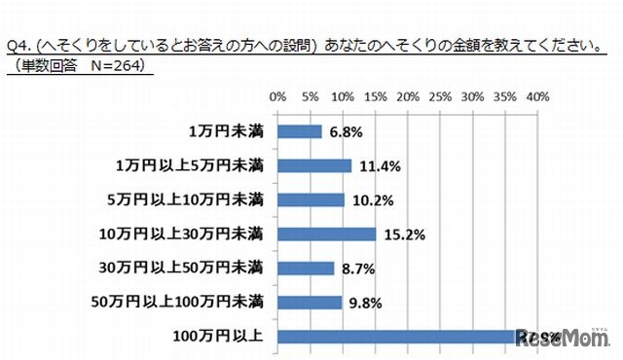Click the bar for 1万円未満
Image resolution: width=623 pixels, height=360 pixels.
pyautogui.click(x=300, y=131)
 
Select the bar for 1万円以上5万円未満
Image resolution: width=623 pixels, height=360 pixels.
pyautogui.click(x=314, y=165)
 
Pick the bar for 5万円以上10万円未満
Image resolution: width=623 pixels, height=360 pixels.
pyautogui.click(x=311, y=199)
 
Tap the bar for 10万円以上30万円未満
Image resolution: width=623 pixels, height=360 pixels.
pyautogui.click(x=327, y=234)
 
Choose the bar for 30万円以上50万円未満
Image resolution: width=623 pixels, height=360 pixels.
pyautogui.click(x=306, y=268)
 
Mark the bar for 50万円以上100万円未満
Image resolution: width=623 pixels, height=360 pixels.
pyautogui.click(x=310, y=303)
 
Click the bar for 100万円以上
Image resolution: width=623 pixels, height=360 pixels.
pyautogui.click(x=399, y=337)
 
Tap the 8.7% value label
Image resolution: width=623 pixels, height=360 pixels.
pyautogui.click(x=357, y=268)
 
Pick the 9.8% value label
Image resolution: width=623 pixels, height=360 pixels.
pyautogui.click(x=365, y=303)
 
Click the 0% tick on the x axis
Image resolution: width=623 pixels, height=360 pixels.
pyautogui.click(x=277, y=97)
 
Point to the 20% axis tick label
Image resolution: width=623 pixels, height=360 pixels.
pyautogui.click(x=407, y=97)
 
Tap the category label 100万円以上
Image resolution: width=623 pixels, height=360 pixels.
pyautogui.click(x=230, y=337)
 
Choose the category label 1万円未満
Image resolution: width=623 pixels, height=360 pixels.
pyautogui.click(x=227, y=131)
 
